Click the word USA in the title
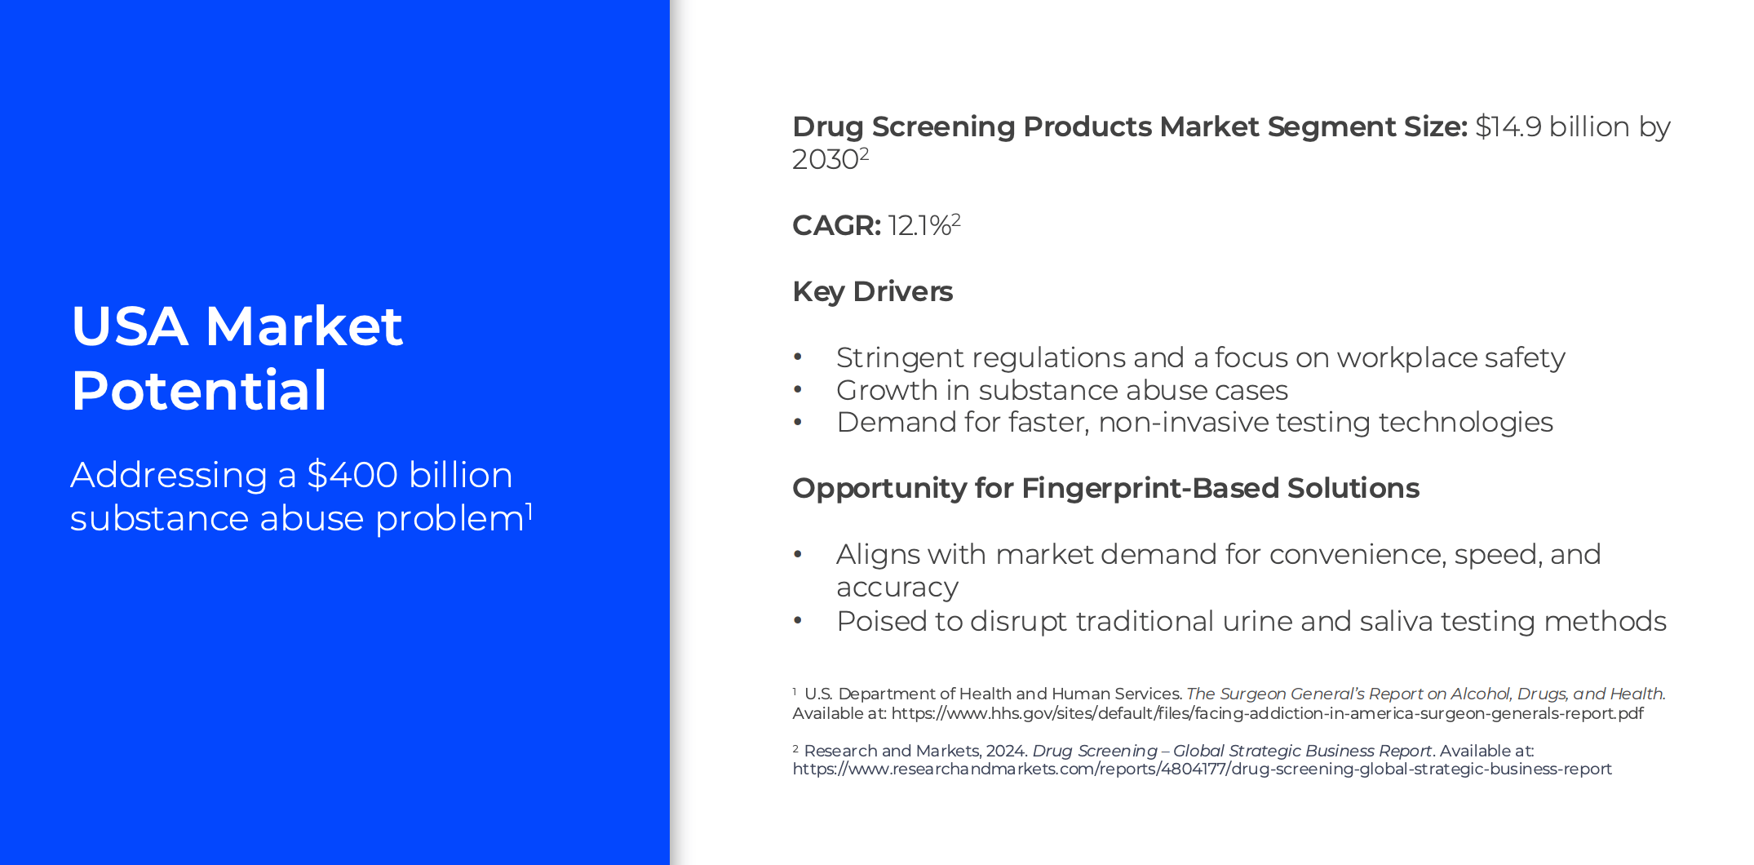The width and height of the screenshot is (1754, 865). (x=130, y=326)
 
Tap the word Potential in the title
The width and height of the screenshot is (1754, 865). (x=199, y=391)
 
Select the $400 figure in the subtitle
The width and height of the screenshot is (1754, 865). (x=352, y=475)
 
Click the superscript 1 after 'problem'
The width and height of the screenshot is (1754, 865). (x=529, y=510)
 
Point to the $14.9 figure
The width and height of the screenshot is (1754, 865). (x=1508, y=126)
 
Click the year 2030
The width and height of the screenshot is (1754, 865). (x=825, y=159)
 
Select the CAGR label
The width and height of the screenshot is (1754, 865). (x=836, y=225)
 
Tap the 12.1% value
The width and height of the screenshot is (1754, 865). (x=919, y=225)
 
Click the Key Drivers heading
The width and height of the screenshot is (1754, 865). (x=872, y=291)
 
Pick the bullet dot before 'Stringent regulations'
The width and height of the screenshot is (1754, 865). (x=798, y=357)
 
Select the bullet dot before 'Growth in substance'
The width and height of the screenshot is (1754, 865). (x=798, y=390)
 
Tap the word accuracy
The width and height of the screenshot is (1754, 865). (x=897, y=588)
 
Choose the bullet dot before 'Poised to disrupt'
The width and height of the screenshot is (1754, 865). (x=798, y=621)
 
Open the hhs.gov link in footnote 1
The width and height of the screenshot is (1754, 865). (x=1267, y=713)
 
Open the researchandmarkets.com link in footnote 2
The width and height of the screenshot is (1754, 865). (x=1202, y=769)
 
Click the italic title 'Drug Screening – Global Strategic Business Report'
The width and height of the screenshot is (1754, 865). (x=1232, y=751)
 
